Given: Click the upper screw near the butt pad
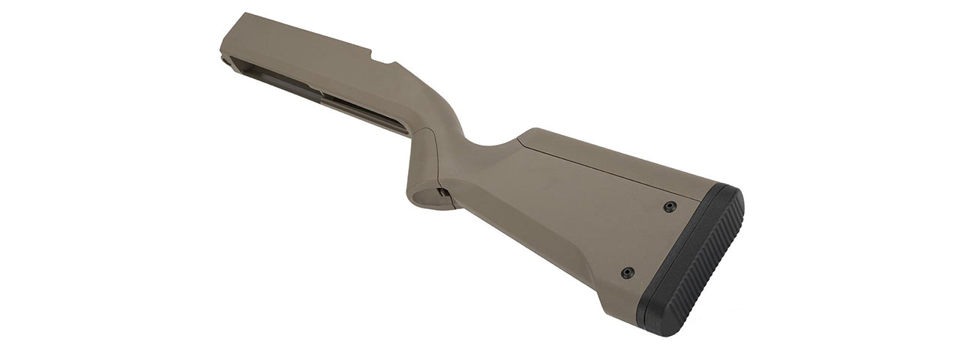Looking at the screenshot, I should point(670,206).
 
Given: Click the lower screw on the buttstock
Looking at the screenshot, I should point(628,272).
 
